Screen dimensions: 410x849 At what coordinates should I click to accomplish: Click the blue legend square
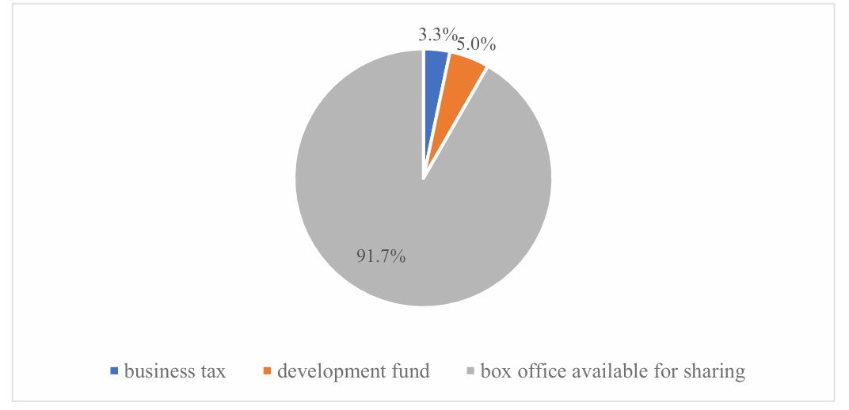(x=115, y=370)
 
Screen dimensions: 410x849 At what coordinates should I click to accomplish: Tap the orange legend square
(x=267, y=370)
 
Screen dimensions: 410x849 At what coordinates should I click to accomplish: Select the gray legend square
(x=471, y=370)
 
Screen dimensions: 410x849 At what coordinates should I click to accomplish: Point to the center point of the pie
(x=424, y=178)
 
